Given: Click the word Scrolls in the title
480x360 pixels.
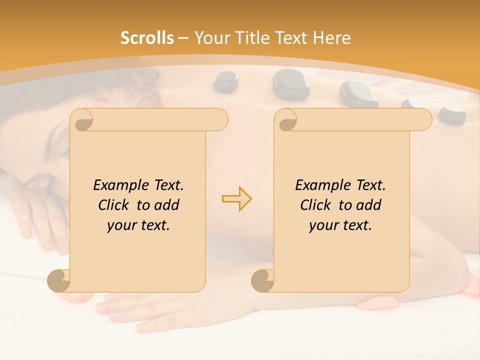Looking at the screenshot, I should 147,37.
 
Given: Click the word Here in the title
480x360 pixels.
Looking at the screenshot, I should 331,37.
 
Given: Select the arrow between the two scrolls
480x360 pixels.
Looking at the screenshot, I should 237,199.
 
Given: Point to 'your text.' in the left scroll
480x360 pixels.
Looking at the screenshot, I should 138,225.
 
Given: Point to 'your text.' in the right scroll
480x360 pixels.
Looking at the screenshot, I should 340,225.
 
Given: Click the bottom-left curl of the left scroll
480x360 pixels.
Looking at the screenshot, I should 59,280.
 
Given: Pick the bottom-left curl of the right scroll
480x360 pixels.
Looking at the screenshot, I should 263,280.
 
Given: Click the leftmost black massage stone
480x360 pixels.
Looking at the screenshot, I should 226,82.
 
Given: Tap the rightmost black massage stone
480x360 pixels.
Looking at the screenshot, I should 452,115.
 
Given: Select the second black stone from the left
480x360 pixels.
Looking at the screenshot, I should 290,83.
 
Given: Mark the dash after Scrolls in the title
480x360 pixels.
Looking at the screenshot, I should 183,38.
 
